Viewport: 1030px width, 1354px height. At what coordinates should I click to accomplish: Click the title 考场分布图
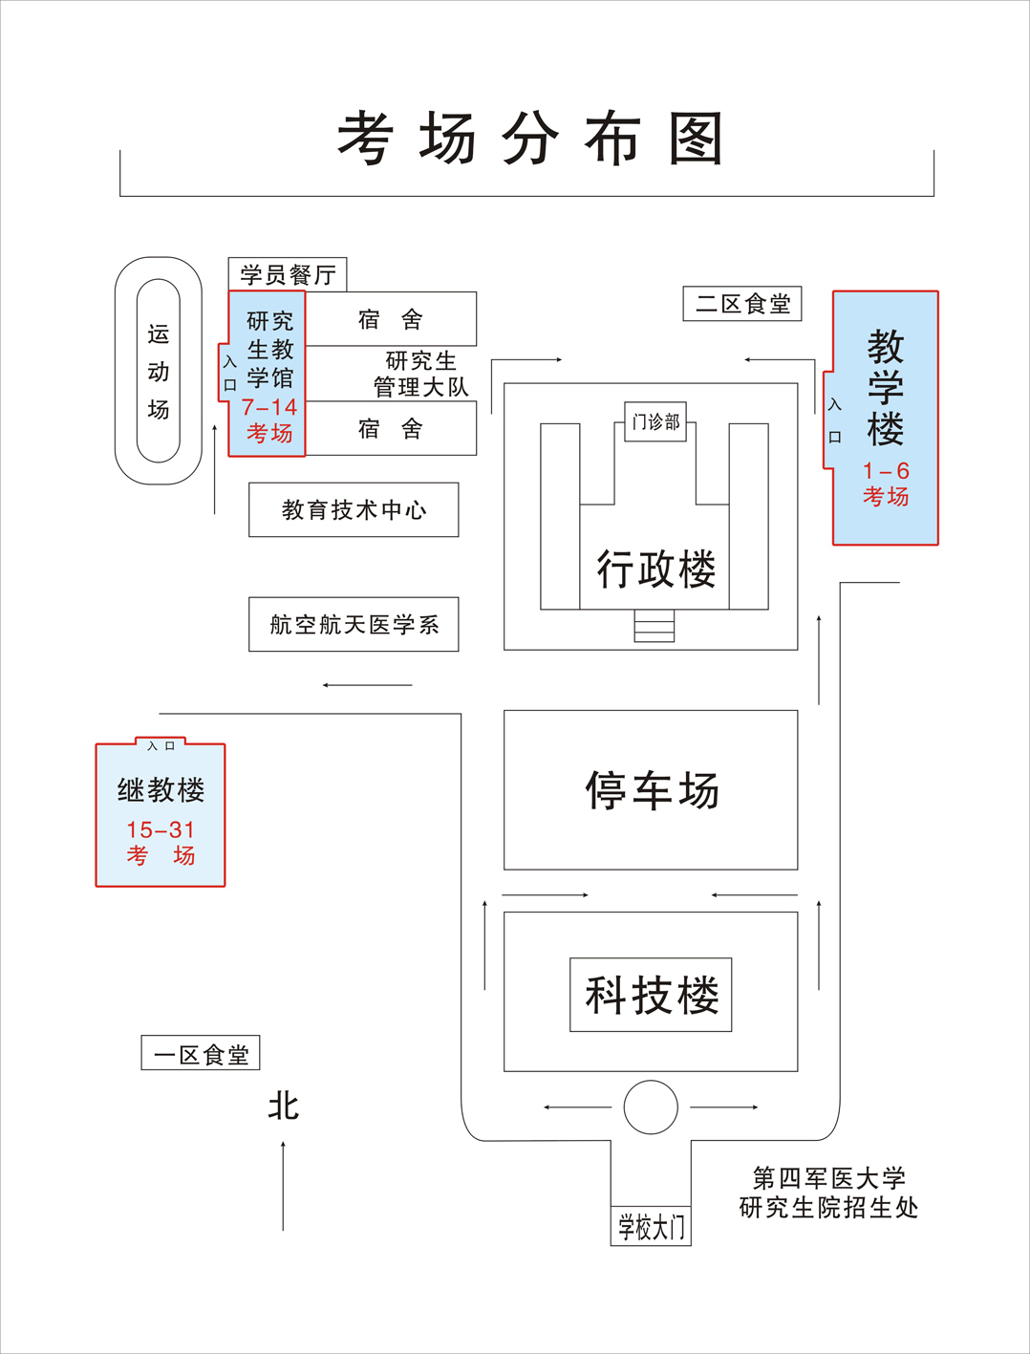529,139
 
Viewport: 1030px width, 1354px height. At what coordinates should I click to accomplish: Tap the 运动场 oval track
159,371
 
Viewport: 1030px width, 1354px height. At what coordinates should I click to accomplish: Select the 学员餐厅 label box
288,275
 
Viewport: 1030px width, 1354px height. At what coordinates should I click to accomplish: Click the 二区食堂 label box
742,304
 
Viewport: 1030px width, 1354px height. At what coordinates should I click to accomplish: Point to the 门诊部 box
655,421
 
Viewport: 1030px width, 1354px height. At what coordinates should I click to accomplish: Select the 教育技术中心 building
354,510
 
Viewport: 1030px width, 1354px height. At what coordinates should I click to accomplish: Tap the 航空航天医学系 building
354,625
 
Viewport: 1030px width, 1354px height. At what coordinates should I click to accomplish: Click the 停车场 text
652,790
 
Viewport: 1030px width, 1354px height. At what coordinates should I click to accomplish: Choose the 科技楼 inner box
651,995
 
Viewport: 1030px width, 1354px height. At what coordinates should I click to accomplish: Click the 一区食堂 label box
201,1054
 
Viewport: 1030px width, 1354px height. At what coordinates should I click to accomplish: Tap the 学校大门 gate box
651,1227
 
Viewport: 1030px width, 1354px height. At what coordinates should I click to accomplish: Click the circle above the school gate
651,1107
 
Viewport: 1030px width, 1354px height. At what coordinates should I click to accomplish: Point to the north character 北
284,1107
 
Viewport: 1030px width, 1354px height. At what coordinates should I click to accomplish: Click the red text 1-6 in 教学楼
886,471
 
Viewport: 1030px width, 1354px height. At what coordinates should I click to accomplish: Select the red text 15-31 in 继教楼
161,829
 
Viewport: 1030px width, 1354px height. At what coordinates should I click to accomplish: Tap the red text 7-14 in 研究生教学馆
269,408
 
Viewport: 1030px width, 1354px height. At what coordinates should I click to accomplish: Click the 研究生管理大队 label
420,374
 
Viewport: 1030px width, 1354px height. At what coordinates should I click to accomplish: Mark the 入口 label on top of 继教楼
161,745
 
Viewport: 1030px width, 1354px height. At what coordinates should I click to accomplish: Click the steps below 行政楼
654,626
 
